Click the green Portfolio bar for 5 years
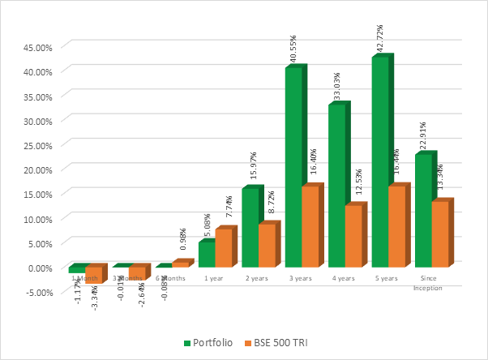[x=379, y=162]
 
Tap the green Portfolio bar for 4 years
[x=336, y=186]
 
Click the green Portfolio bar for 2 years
[x=250, y=228]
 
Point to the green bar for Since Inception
[x=422, y=211]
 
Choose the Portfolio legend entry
[x=209, y=343]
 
